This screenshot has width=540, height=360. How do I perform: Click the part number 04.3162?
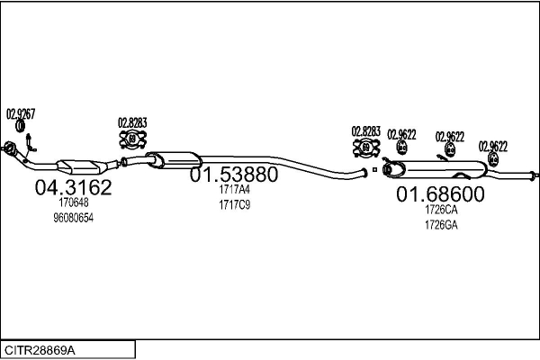73,187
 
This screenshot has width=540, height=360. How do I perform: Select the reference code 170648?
74,202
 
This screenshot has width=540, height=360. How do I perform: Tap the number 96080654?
74,218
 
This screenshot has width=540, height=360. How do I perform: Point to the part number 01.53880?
234,175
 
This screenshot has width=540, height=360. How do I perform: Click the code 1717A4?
234,190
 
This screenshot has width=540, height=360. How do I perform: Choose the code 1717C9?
234,205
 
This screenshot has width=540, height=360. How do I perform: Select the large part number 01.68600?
440,194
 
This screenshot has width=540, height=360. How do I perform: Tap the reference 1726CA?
441,210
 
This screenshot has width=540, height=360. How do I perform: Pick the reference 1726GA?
441,225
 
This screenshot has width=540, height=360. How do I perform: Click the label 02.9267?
21,113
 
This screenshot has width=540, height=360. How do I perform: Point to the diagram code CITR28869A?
40,351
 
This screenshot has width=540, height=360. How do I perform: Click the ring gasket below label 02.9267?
21,126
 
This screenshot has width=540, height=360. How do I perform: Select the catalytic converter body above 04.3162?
82,167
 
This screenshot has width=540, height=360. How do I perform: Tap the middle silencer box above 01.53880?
175,160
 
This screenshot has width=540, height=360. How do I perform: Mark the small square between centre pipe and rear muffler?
374,169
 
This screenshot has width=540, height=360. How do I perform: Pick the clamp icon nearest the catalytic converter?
132,139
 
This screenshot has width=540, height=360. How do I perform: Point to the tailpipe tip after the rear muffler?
534,175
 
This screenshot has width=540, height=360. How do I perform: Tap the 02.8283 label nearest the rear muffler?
365,131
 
